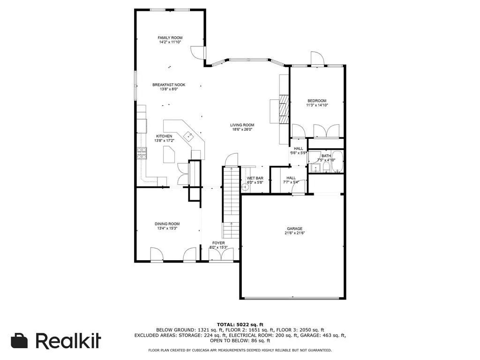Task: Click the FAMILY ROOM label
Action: (170, 37)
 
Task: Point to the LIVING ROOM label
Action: (242, 125)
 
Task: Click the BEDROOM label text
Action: (317, 101)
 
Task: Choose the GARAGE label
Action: (294, 229)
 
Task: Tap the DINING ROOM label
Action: (167, 224)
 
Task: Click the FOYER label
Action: (219, 243)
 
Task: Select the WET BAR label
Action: (255, 178)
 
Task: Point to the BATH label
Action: (326, 156)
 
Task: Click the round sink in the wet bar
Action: (245, 187)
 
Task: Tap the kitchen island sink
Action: (189, 136)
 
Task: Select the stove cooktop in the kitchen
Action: (142, 153)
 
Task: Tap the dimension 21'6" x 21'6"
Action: (294, 233)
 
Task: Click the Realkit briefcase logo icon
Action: (19, 341)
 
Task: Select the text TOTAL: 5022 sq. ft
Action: (240, 324)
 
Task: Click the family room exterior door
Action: (199, 53)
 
